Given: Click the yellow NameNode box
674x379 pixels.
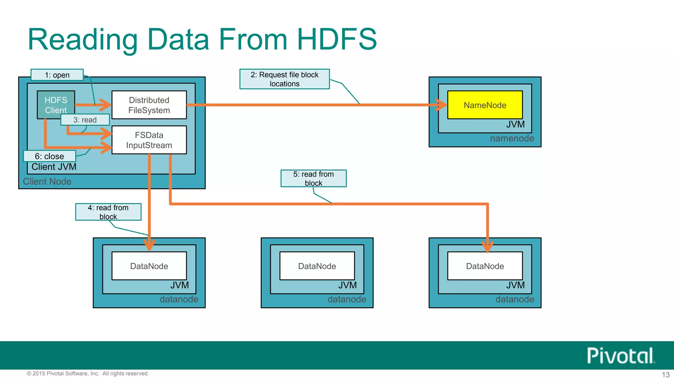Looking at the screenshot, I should [x=485, y=105].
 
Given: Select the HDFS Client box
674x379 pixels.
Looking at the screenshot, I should [x=56, y=103].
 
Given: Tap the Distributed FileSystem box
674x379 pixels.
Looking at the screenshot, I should [x=149, y=105].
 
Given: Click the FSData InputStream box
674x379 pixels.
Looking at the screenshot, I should [x=149, y=140].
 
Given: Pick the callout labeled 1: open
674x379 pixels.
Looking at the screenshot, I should [x=57, y=75].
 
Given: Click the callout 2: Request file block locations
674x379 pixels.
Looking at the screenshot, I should [x=284, y=79].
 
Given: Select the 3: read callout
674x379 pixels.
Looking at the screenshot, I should [x=85, y=120].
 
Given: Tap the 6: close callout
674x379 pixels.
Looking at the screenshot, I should [x=49, y=156].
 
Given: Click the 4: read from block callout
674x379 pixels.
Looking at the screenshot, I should [x=108, y=212].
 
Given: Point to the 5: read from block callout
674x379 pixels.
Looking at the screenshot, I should [x=313, y=178].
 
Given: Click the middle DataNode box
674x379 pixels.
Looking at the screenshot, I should [x=317, y=266].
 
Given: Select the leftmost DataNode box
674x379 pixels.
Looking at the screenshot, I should [x=149, y=266].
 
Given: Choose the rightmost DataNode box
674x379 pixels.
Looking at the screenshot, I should [x=485, y=266].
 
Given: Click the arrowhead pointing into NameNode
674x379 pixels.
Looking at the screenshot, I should [x=441, y=105].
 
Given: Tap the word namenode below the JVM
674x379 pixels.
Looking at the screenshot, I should [x=512, y=139].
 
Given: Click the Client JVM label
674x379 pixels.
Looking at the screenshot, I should [x=54, y=167].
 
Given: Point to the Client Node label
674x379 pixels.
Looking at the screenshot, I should [x=47, y=182].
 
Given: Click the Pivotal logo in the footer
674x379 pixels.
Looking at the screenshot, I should [x=620, y=356].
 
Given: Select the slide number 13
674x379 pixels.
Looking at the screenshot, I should [x=665, y=375].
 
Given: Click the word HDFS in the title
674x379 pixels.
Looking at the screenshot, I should [x=336, y=39].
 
